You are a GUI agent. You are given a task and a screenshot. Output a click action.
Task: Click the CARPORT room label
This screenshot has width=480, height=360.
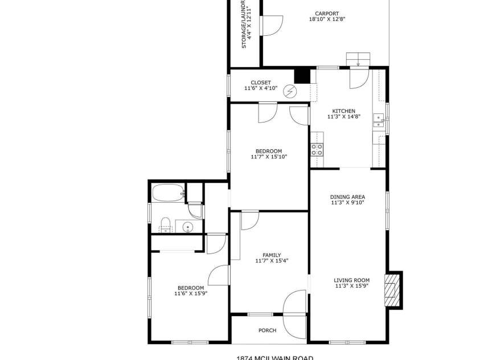pos(327,14)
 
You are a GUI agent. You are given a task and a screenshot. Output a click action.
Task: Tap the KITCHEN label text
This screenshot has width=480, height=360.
pos(344,111)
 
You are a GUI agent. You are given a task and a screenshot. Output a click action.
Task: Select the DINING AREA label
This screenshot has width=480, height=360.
pos(348,197)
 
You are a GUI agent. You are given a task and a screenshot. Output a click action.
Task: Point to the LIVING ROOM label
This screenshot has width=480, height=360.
pos(351,280)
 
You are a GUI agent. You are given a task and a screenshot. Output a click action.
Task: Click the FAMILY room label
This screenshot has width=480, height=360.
pos(272,255)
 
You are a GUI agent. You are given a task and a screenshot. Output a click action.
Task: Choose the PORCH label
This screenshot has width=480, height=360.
pos(267,330)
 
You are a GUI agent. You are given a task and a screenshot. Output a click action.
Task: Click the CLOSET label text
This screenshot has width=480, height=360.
pos(261,83)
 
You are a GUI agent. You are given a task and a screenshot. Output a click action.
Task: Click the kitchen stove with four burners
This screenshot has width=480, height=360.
pos(317,150)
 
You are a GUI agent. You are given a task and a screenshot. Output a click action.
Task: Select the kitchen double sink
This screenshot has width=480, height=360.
pos(379,119)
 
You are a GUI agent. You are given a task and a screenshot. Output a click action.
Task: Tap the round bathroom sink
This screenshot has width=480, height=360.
pos(188,227)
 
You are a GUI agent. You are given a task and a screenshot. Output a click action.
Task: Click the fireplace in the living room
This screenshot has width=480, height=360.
pos(393,289)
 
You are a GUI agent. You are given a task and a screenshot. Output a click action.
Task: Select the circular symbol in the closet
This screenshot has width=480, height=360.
pos(291,91)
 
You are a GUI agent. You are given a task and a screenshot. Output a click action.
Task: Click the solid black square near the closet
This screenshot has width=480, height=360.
pos(302,76)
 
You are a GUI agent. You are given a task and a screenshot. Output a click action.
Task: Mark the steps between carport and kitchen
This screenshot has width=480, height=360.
pos(359,58)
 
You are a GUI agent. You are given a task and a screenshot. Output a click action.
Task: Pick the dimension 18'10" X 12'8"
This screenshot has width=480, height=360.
pos(327,19)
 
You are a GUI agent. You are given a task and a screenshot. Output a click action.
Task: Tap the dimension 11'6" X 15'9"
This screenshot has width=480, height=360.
pos(190,294)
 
